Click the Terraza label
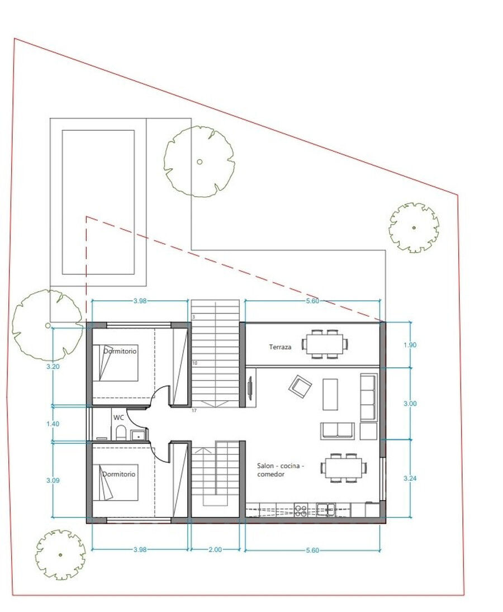(x=280, y=347)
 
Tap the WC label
(x=118, y=418)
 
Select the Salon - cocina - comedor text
(x=281, y=470)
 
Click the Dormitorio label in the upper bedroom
(x=120, y=351)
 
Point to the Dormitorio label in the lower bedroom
(x=118, y=474)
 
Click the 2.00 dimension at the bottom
(x=215, y=549)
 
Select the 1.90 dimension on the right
(x=410, y=345)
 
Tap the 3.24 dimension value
(x=410, y=478)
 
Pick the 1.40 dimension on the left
(x=53, y=424)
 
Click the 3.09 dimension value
(x=53, y=481)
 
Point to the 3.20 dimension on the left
(x=53, y=367)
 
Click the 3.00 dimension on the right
(x=410, y=404)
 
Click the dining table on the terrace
(x=325, y=344)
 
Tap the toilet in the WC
(x=121, y=433)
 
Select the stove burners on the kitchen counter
(x=301, y=510)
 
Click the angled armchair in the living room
(x=300, y=386)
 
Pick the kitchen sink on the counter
(x=326, y=509)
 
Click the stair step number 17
(x=194, y=411)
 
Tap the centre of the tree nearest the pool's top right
(x=200, y=162)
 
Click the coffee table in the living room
(x=330, y=394)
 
